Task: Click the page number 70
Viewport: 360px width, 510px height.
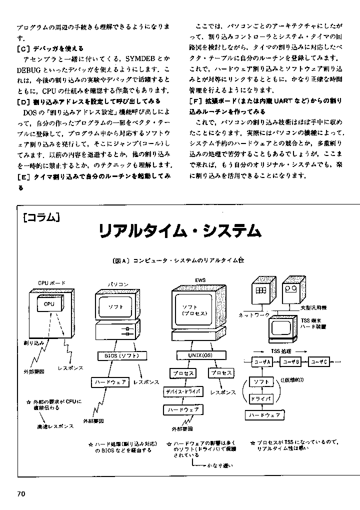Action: point(21,494)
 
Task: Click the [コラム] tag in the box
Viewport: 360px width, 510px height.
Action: point(41,218)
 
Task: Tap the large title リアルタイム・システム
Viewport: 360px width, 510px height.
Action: point(179,231)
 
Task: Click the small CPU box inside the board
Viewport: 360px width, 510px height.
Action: point(49,303)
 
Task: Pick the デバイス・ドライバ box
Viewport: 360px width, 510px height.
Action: point(183,391)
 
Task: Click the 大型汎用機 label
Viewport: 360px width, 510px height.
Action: point(313,307)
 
